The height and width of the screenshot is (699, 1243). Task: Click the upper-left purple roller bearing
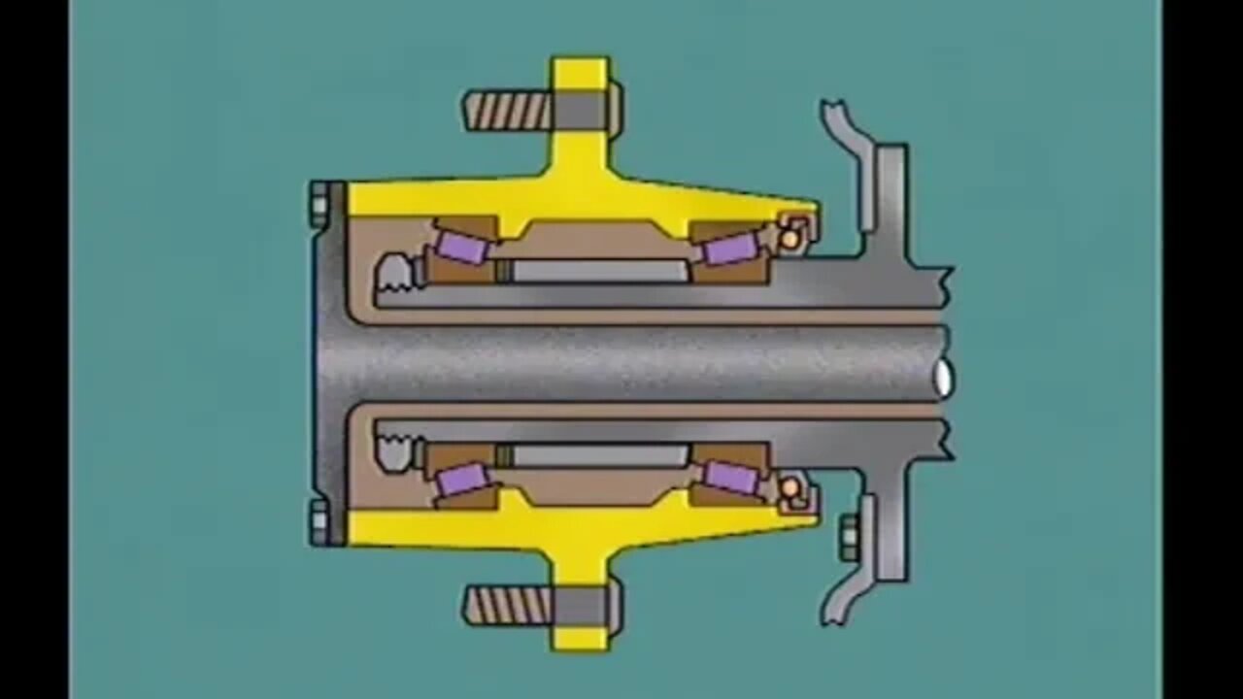pyautogui.click(x=461, y=246)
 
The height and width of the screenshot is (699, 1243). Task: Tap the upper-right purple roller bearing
pyautogui.click(x=730, y=250)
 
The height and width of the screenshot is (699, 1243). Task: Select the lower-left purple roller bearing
pyautogui.click(x=462, y=480)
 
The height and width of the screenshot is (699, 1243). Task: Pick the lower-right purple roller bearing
pyautogui.click(x=730, y=477)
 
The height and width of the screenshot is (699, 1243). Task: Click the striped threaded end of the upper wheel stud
pyautogui.click(x=506, y=111)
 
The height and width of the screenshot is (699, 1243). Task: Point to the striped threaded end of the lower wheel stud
pyautogui.click(x=506, y=605)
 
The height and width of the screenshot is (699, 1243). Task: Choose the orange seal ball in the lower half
pyautogui.click(x=791, y=486)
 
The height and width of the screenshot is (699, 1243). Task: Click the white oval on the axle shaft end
pyautogui.click(x=943, y=378)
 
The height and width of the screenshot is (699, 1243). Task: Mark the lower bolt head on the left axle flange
pyautogui.click(x=319, y=521)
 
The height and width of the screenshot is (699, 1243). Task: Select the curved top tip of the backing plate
pyautogui.click(x=833, y=112)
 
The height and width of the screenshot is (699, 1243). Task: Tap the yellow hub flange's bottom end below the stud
pyautogui.click(x=580, y=639)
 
